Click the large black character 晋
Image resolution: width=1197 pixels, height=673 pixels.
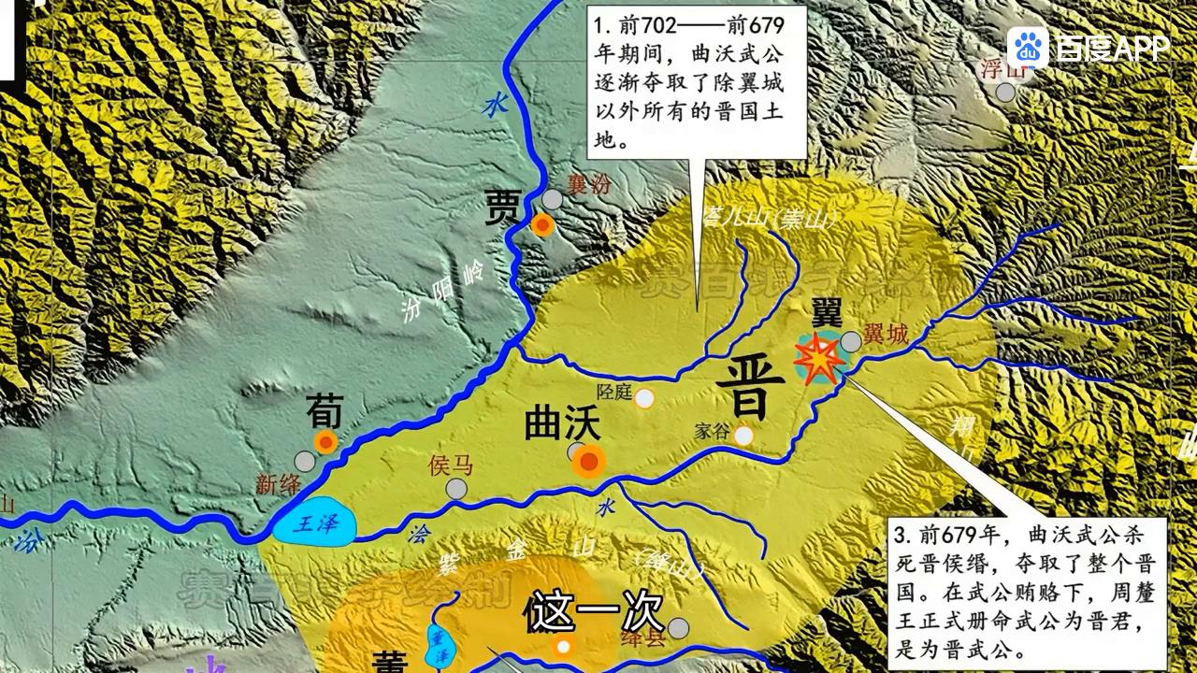click(x=744, y=389)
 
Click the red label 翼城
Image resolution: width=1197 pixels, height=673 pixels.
click(x=886, y=334)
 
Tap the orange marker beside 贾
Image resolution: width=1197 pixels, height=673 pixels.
click(x=542, y=224)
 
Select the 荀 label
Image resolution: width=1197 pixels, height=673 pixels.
click(x=324, y=409)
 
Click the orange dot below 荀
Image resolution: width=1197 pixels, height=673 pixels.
click(x=325, y=442)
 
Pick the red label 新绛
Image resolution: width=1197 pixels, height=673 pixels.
click(x=278, y=483)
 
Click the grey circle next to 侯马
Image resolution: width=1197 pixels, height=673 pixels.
click(x=456, y=489)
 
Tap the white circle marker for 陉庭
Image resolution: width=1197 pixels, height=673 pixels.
click(x=644, y=399)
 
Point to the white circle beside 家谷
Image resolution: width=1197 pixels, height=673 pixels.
click(x=743, y=436)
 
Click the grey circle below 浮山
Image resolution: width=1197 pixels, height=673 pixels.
click(x=1005, y=92)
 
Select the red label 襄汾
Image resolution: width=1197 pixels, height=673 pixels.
click(x=589, y=184)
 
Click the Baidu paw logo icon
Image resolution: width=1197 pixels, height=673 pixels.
click(x=1028, y=48)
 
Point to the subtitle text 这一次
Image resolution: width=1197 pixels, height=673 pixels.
click(x=595, y=613)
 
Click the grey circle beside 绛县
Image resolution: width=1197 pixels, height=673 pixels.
click(x=679, y=627)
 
